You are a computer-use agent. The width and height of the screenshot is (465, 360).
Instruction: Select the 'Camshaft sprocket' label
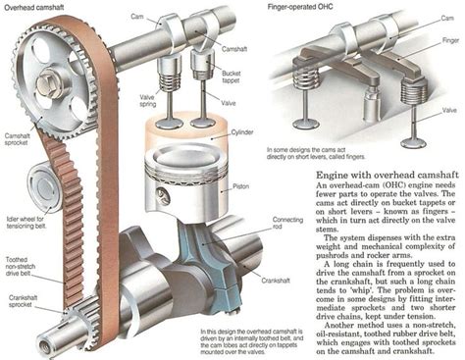point(19,138)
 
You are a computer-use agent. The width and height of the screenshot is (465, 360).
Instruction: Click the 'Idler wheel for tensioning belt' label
point(23,208)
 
